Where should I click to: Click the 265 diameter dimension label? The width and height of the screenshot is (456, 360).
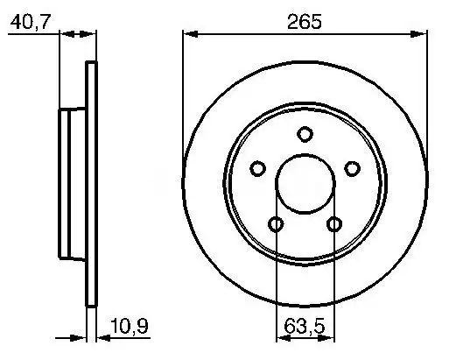pyautogui.click(x=305, y=22)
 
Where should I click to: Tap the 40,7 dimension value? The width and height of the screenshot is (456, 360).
pyautogui.click(x=31, y=21)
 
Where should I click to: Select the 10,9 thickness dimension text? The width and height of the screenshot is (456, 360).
pyautogui.click(x=130, y=326)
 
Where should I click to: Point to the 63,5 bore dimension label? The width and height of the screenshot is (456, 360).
pyautogui.click(x=305, y=326)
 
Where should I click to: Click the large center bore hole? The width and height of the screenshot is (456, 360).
pyautogui.click(x=305, y=184)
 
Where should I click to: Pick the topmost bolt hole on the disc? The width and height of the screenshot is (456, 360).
pyautogui.click(x=305, y=134)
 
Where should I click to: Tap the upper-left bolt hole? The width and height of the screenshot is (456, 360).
pyautogui.click(x=257, y=168)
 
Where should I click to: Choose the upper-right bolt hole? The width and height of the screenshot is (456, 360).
pyautogui.click(x=352, y=168)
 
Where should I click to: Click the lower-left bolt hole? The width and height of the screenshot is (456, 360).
pyautogui.click(x=276, y=224)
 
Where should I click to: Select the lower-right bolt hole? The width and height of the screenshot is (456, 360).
pyautogui.click(x=334, y=224)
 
